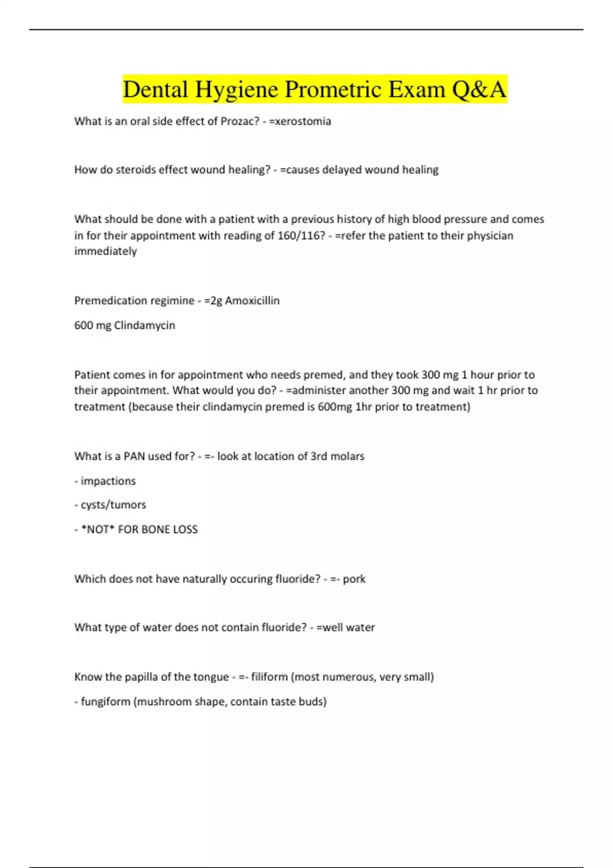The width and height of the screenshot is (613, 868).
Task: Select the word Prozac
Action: pos(240,122)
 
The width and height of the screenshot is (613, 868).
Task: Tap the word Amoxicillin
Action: pos(252,301)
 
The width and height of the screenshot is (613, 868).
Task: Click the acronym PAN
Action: pos(134,456)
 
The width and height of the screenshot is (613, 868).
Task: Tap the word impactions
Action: pos(108,481)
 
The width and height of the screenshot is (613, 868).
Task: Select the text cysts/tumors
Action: pos(113,505)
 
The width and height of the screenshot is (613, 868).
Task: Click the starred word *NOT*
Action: pos(98,529)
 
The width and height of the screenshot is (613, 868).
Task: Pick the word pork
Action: pos(354,579)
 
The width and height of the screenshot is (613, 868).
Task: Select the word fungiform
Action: pos(106,702)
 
